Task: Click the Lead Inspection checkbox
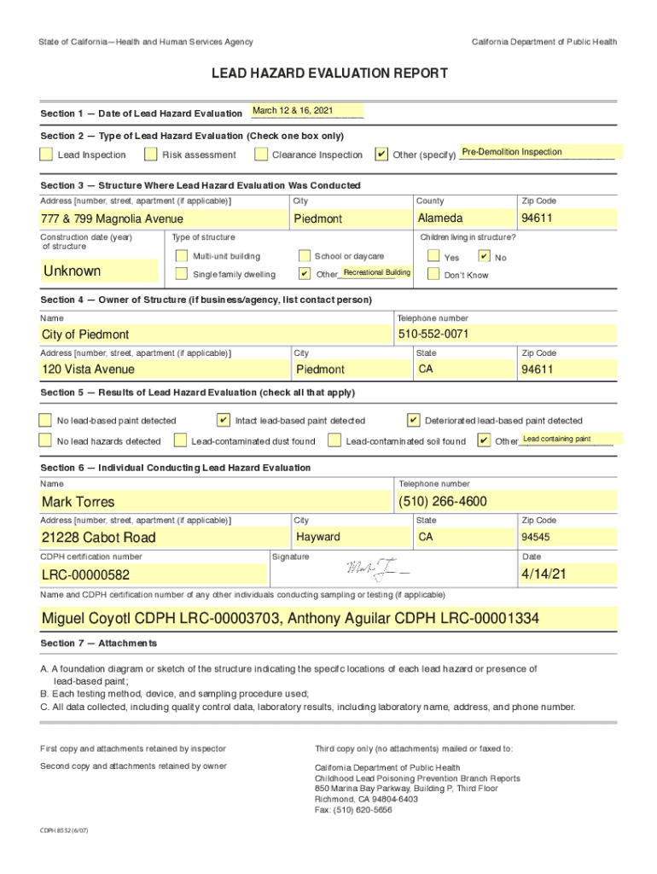click(45, 154)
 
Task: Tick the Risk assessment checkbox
click(150, 154)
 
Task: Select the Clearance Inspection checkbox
click(259, 154)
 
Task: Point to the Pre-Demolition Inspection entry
click(512, 152)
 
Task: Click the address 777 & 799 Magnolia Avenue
click(112, 219)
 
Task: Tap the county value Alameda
click(440, 218)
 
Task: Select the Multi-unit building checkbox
click(180, 256)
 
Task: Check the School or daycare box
click(305, 256)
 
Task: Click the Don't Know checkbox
click(433, 275)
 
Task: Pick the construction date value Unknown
click(72, 271)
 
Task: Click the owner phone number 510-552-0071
click(433, 334)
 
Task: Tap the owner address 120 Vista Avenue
click(88, 370)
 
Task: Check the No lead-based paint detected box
click(45, 420)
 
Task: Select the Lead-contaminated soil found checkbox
click(334, 441)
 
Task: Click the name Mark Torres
click(78, 502)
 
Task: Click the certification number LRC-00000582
click(85, 576)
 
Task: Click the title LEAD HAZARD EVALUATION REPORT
click(329, 74)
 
